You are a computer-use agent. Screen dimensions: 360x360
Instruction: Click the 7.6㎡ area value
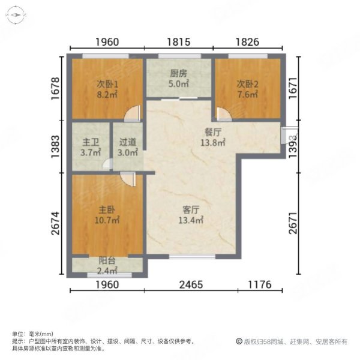tap(247, 94)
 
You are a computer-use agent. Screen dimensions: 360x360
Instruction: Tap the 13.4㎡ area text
tap(191, 220)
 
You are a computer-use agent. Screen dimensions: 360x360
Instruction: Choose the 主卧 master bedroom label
tap(107, 211)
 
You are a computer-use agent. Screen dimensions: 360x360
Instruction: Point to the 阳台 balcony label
tap(107, 260)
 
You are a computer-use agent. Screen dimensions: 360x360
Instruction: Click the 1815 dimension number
tap(178, 42)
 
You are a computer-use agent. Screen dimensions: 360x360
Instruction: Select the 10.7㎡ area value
tap(107, 220)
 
